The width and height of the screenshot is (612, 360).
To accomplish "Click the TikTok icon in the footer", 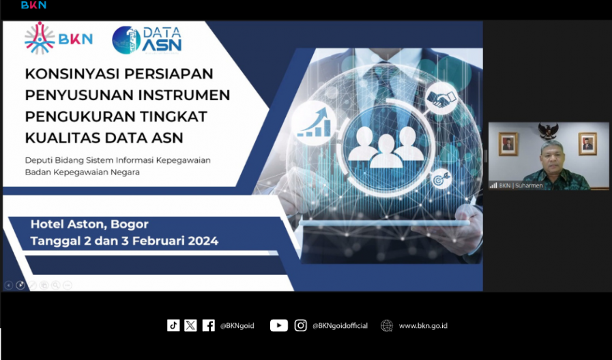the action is [173, 325].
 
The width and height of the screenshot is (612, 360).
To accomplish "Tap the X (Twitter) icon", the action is [190, 325].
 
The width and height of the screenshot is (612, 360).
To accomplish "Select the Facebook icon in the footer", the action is [208, 325].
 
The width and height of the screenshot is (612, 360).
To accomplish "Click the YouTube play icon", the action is [278, 325].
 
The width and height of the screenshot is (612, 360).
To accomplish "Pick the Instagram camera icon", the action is [300, 325].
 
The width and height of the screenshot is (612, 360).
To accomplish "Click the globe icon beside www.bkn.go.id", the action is [386, 325].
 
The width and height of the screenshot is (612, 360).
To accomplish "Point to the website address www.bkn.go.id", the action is [423, 326].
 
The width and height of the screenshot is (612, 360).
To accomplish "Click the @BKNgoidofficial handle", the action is [340, 326].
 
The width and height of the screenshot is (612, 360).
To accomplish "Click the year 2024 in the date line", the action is [203, 241].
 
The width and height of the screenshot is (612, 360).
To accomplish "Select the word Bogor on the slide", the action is [130, 224].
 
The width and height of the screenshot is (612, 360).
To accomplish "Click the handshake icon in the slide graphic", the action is [441, 98].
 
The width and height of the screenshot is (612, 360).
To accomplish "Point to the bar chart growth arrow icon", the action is [314, 123].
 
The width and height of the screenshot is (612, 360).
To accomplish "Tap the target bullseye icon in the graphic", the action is [441, 180].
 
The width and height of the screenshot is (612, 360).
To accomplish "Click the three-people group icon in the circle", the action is [386, 147].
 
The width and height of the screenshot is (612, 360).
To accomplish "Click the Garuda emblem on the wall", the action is [548, 131].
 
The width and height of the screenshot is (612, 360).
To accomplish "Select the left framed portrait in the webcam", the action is [508, 144].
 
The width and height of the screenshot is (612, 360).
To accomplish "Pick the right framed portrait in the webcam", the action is [587, 144].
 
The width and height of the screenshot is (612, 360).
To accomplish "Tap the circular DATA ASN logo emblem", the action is [126, 40].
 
